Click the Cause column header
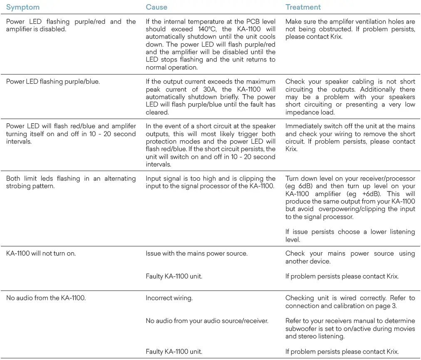coord(156,7)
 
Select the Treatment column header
coord(303,7)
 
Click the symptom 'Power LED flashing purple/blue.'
coord(53,82)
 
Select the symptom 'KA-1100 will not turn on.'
coord(41,253)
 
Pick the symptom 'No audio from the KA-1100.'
coord(46,298)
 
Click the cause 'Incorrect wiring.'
coord(169,298)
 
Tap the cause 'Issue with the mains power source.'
coord(196,253)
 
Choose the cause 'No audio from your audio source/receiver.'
coord(207,320)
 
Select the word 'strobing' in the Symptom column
coord(18,186)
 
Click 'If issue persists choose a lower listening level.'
coord(350,236)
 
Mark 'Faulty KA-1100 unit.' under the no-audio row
coord(174,352)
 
